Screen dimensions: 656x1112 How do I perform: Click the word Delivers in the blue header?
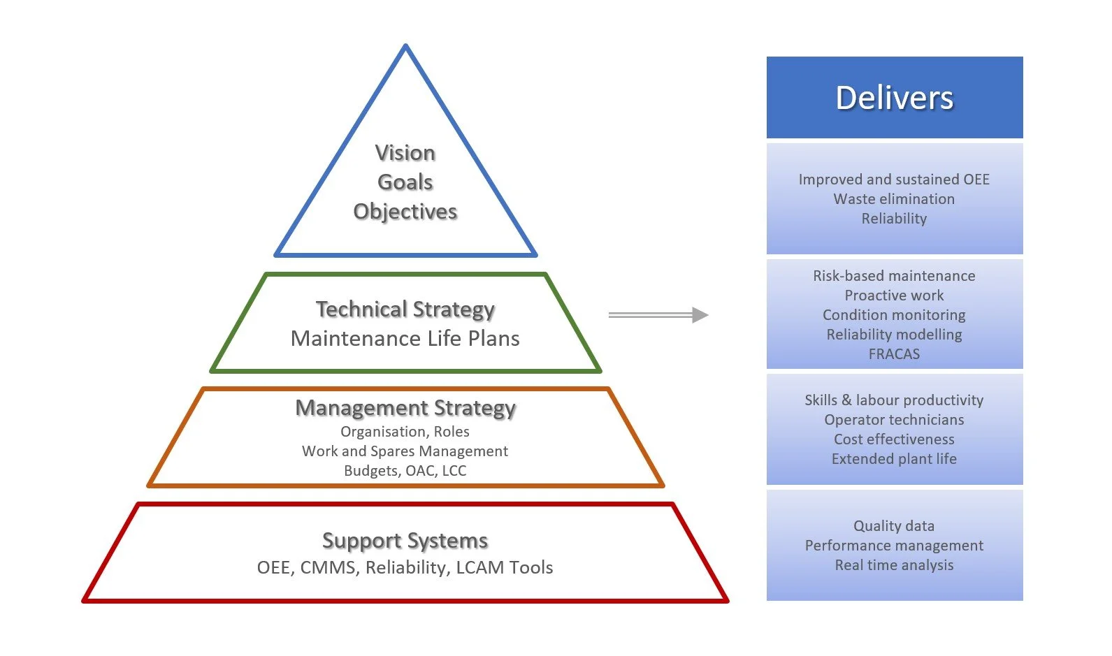coord(894,98)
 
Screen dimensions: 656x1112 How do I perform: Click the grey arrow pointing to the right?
coord(658,315)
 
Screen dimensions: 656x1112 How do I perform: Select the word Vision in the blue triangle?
coord(405,153)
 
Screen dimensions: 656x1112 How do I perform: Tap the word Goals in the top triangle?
coord(405,182)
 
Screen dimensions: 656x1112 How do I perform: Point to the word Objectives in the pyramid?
coord(405,212)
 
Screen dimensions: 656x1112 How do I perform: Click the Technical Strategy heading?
coord(405,309)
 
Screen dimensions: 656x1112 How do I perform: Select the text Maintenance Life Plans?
coord(405,339)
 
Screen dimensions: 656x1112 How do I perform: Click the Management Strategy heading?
coord(405,407)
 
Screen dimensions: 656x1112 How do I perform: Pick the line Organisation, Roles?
coord(405,432)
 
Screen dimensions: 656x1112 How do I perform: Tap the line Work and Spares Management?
coord(405,451)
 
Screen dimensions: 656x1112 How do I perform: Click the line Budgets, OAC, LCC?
coord(405,471)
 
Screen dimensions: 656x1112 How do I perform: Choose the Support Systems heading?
coord(405,540)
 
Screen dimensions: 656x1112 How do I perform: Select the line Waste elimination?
coord(894,199)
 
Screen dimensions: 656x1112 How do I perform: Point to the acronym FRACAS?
coord(894,354)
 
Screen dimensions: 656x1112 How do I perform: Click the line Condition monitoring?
coord(894,315)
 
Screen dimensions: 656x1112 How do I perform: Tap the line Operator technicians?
coord(894,420)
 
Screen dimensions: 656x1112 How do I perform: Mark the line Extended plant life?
coord(894,459)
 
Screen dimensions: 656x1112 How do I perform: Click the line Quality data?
coord(893,526)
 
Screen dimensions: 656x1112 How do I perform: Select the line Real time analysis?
coord(894,565)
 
